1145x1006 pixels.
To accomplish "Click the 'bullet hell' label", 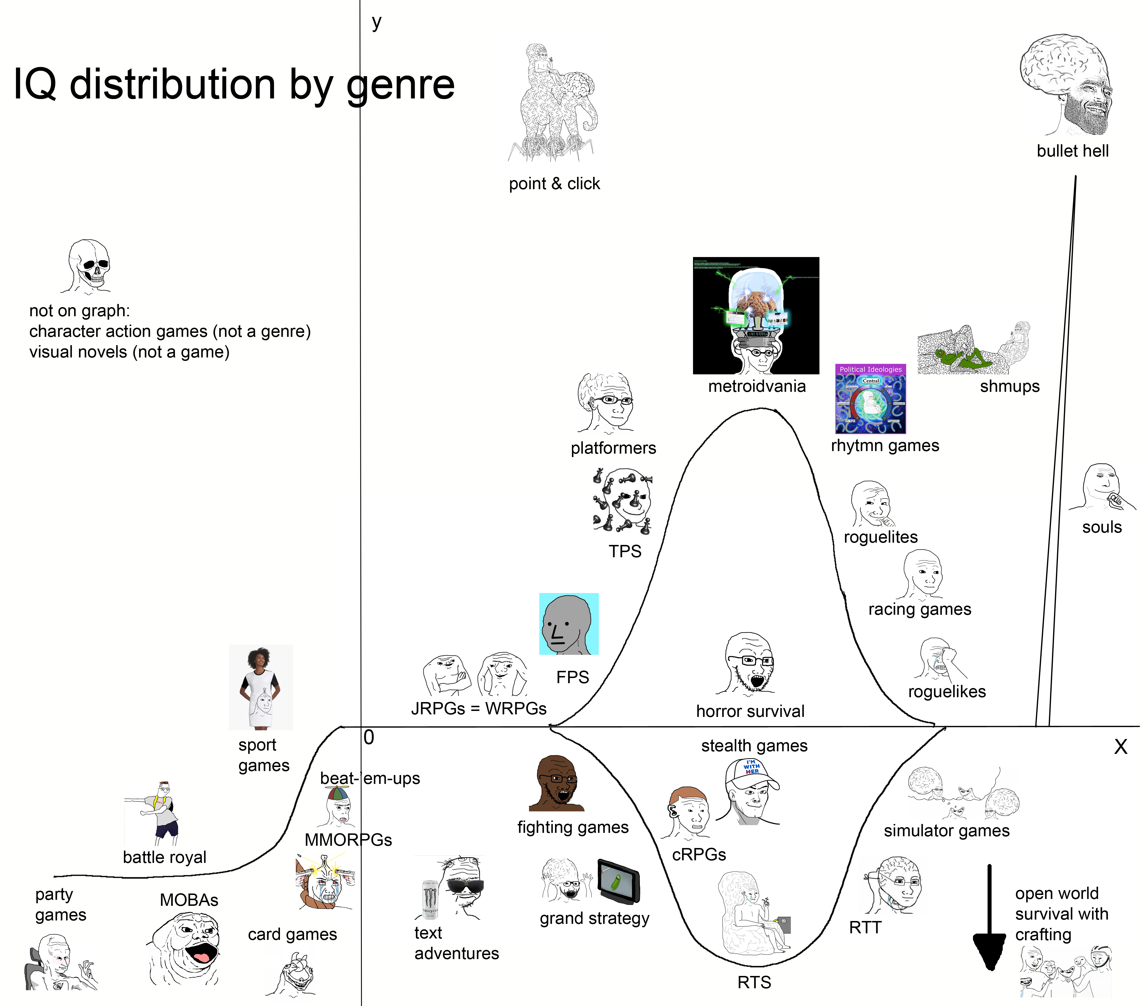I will click(1072, 151).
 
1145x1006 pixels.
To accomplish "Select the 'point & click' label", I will click(554, 184).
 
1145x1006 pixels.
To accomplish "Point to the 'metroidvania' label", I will click(756, 386).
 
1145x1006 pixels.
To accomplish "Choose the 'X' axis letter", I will click(1120, 747).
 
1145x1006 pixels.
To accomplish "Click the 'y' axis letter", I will click(376, 22).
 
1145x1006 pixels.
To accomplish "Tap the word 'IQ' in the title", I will click(35, 85).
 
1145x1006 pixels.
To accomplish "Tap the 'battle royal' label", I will click(165, 857).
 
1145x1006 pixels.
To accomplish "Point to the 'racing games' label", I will click(919, 609).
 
